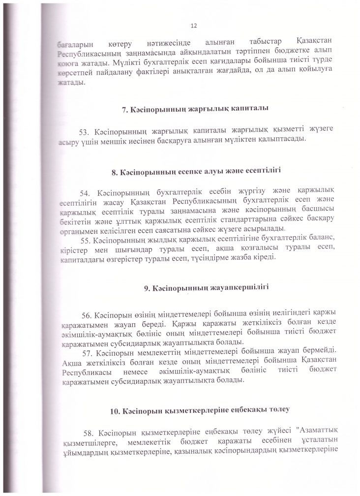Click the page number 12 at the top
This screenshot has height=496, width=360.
pos(193,26)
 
